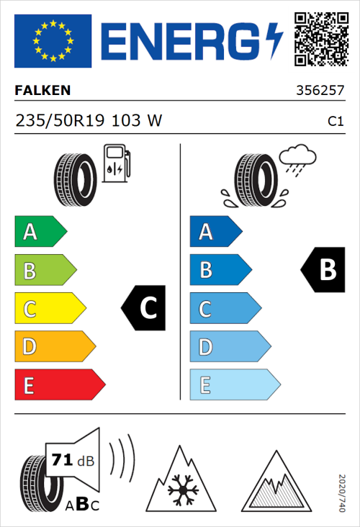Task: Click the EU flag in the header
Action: point(53,41)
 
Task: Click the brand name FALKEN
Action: point(42,91)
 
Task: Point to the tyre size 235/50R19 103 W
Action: point(88,122)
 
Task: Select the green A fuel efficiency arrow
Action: point(40,232)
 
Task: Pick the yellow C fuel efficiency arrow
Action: point(49,309)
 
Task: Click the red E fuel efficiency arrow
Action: point(59,385)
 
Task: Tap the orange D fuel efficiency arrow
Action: point(54,347)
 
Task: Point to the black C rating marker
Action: point(144,308)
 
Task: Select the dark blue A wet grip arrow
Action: point(215,232)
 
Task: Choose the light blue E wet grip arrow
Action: point(234,385)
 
